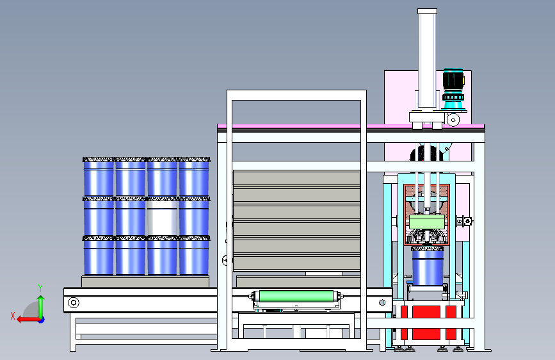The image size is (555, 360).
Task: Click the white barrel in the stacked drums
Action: (162, 217)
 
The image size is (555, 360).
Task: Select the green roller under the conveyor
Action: (296, 296)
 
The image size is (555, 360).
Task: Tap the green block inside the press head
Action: (427, 222)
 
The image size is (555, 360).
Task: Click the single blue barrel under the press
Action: (428, 266)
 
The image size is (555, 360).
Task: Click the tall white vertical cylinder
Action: (427, 58)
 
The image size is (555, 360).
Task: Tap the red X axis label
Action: (13, 316)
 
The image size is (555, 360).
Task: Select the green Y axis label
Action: (40, 288)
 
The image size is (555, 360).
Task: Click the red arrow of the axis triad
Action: (28, 320)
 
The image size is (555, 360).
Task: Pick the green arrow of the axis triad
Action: (41, 306)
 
